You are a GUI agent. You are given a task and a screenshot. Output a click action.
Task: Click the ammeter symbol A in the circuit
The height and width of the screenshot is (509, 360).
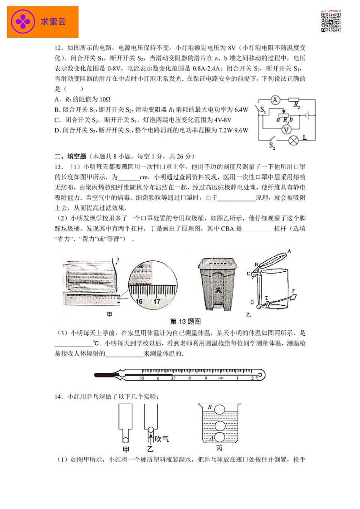point(275,101)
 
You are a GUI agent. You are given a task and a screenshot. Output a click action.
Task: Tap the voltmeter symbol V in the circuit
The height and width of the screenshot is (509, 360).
point(285,129)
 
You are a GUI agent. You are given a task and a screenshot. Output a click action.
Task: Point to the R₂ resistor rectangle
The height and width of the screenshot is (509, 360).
point(294,101)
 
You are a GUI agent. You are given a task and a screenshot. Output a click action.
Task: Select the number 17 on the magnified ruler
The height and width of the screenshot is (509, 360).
point(157,301)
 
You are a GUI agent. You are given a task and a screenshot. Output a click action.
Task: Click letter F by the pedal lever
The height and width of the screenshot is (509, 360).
point(293,291)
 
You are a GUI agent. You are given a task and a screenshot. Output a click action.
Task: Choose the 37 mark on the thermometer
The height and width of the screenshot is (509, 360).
point(173,377)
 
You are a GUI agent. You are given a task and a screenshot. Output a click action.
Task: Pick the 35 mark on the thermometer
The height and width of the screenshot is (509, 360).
point(142,377)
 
